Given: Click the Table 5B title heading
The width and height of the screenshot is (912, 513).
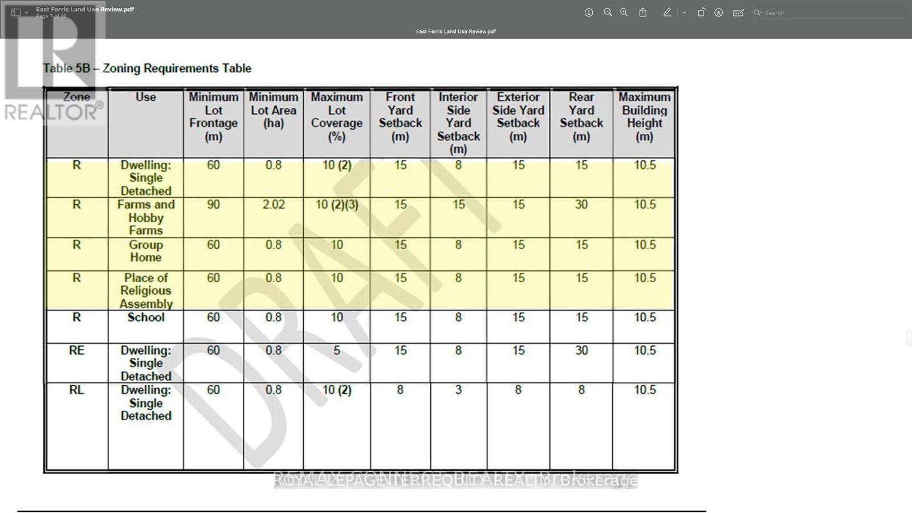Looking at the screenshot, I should click(147, 68).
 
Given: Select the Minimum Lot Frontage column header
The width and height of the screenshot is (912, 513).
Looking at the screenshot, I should click(214, 117).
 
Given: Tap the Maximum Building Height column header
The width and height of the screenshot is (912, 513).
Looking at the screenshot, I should click(644, 117).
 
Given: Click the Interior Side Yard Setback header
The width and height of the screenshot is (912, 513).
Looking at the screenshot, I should click(458, 123).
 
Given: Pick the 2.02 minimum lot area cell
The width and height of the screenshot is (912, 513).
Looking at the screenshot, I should click(274, 205).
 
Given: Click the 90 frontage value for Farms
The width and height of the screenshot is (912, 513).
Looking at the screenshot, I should click(213, 205).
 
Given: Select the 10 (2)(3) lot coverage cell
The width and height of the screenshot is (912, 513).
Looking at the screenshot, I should click(337, 205).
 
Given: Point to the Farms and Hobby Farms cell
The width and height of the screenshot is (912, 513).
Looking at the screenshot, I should click(146, 217).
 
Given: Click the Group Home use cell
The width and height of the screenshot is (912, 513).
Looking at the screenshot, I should click(146, 251).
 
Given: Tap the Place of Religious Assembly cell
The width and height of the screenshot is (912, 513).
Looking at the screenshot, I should click(146, 291).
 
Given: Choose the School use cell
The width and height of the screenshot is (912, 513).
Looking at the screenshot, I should click(146, 317).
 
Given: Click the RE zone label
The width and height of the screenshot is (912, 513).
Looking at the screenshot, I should click(76, 351).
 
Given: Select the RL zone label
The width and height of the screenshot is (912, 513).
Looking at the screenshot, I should click(76, 390).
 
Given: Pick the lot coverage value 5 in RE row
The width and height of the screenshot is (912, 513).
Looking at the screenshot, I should click(337, 351).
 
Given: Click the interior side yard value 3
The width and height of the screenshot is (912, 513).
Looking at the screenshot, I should click(458, 390).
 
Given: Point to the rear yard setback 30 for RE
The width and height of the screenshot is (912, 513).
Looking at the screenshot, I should click(581, 351).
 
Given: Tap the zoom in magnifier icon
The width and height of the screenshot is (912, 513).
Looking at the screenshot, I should click(624, 13).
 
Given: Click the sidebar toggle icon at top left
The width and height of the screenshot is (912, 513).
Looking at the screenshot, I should click(16, 12).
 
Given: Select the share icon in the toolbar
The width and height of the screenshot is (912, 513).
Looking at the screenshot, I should click(643, 13).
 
